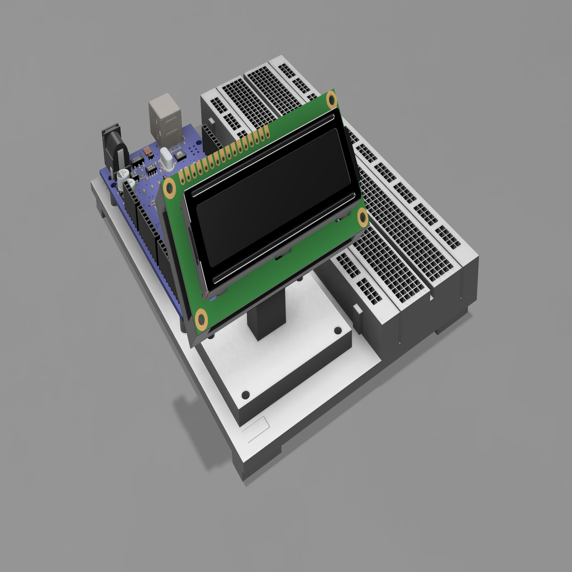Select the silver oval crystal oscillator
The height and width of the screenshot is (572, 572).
tap(166, 159)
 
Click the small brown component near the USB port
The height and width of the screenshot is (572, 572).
tap(147, 151)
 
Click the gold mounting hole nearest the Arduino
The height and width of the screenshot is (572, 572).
tap(169, 189)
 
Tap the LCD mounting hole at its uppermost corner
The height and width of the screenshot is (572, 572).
tap(332, 101)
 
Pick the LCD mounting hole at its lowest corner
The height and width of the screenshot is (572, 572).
tap(201, 320)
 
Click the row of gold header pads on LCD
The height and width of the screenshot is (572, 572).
tap(223, 154)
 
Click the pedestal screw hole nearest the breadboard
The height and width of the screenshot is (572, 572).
tap(337, 330)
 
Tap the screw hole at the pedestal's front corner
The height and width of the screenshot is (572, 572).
tap(245, 395)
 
